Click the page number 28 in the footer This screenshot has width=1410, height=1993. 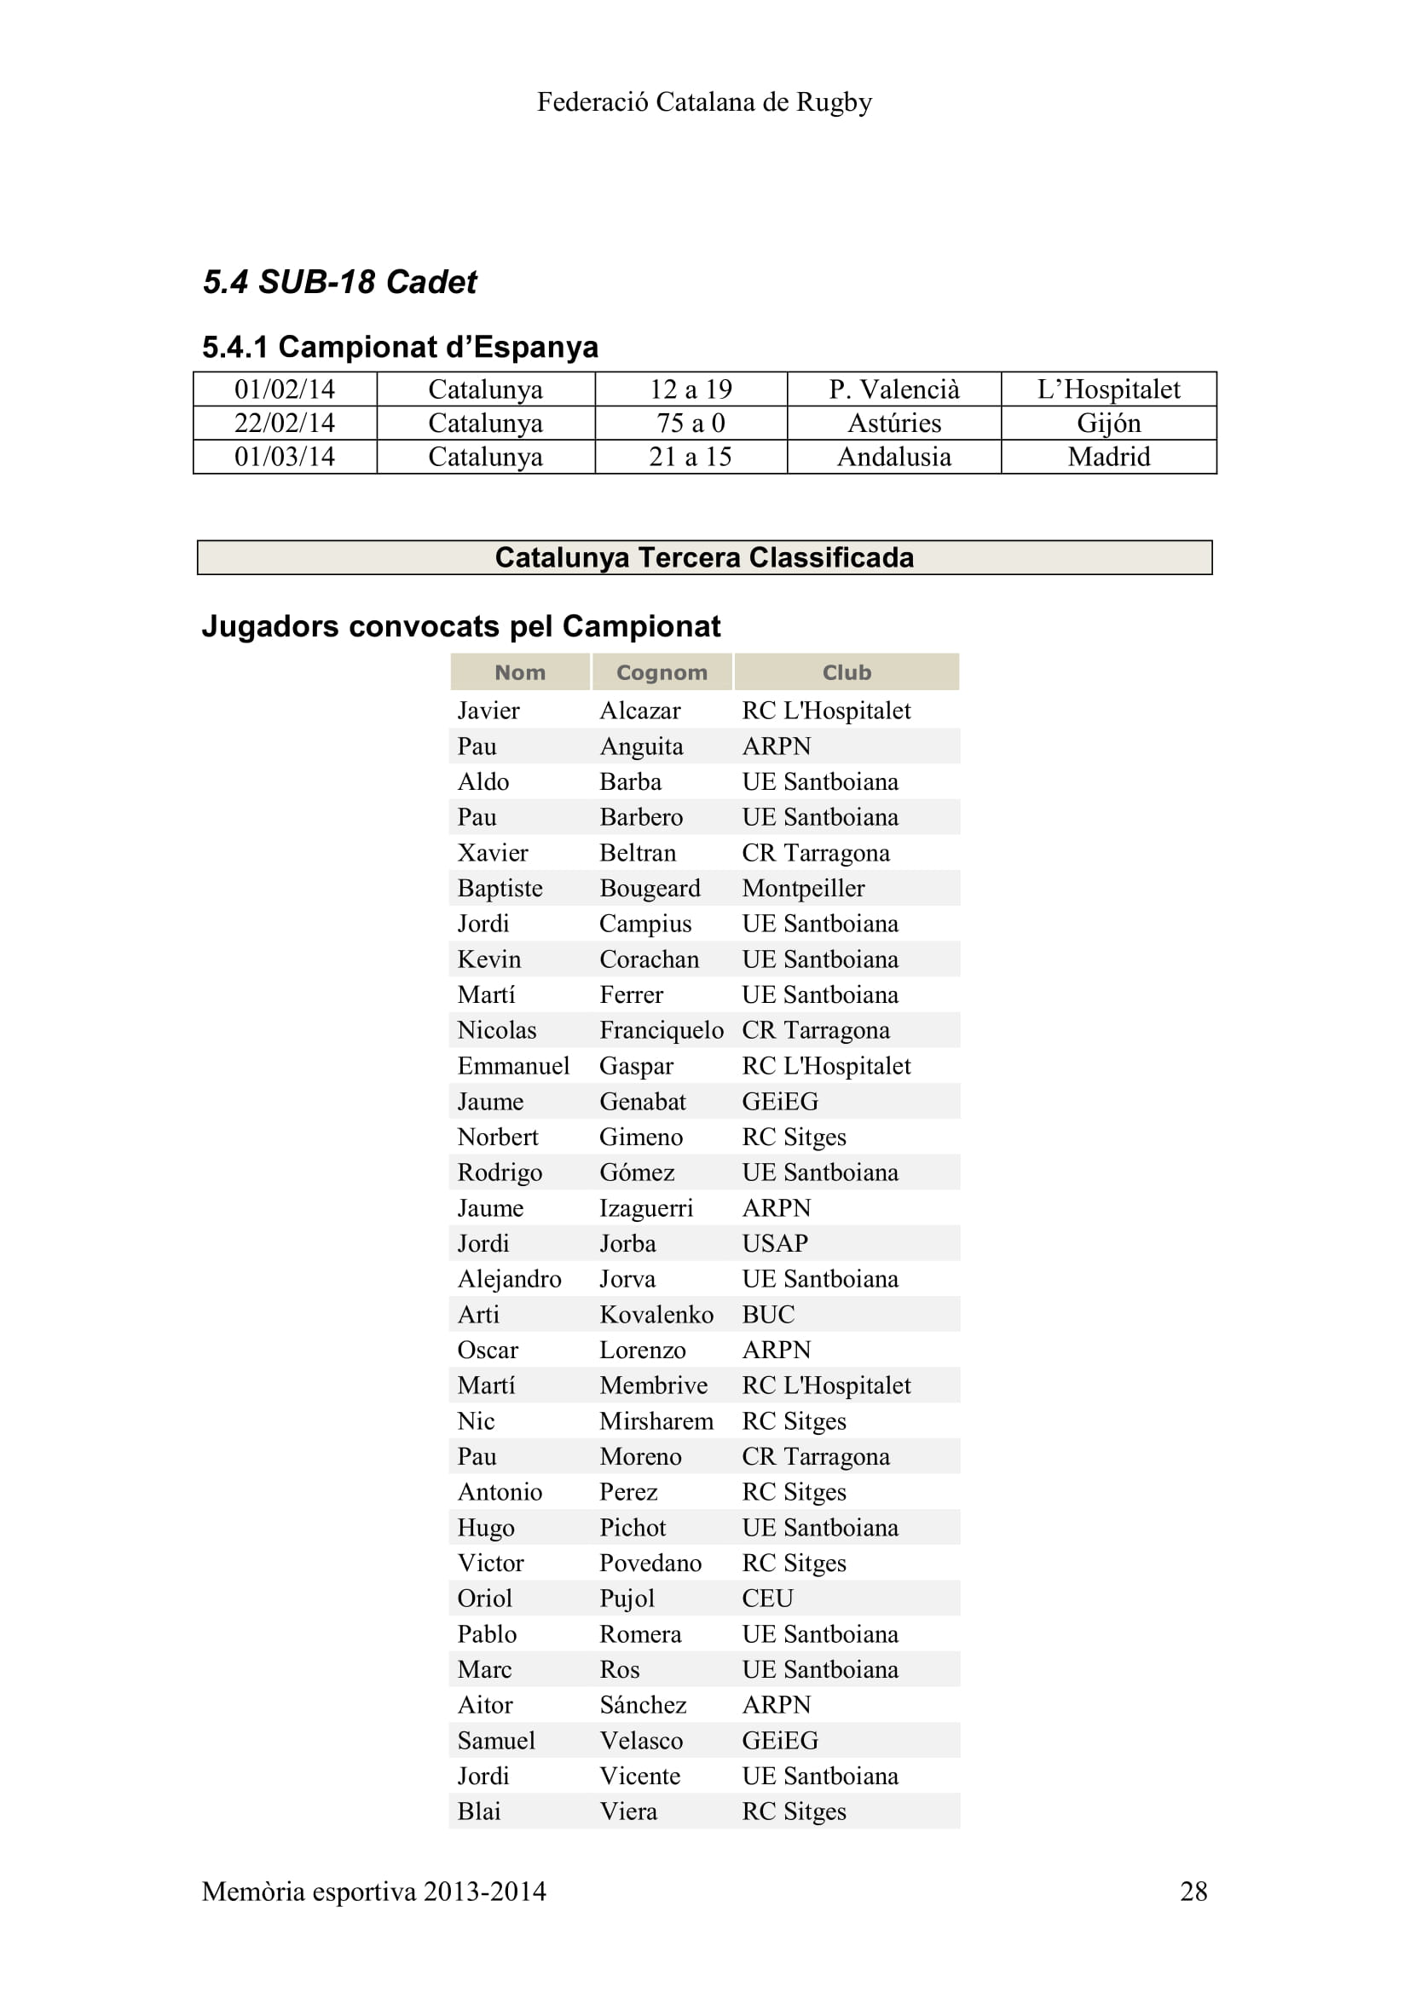[1193, 1891]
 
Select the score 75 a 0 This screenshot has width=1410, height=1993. [691, 423]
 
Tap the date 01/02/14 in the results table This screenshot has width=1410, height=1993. [285, 389]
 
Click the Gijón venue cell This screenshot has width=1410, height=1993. [1109, 423]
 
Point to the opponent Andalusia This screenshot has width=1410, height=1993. [893, 457]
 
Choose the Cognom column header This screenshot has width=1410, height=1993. [662, 671]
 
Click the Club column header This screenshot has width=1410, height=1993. [847, 671]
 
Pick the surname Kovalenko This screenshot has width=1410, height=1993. [656, 1314]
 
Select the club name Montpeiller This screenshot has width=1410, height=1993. [803, 888]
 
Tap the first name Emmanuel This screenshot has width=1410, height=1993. [513, 1066]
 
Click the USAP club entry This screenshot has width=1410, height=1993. [774, 1243]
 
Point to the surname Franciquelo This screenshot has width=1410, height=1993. [661, 1030]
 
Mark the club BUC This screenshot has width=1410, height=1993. [767, 1314]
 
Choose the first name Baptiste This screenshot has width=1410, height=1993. [500, 888]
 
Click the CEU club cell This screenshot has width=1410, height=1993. [767, 1598]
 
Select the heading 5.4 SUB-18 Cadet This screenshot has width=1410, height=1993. [339, 282]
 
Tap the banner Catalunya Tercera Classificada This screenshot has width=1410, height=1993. [704, 557]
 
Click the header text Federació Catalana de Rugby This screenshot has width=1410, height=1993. [704, 102]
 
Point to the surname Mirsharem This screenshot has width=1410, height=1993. [656, 1421]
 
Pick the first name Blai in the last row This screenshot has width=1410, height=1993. [478, 1812]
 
